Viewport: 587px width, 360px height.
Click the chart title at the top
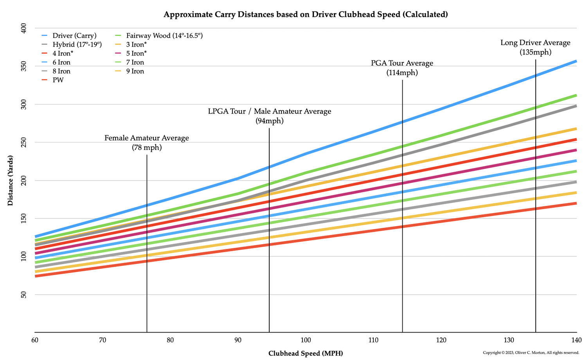pyautogui.click(x=305, y=15)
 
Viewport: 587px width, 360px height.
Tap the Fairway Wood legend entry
pyautogui.click(x=164, y=36)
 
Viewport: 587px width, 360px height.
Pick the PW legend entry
pyautogui.click(x=58, y=80)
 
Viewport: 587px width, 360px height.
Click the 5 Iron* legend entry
pyautogui.click(x=136, y=54)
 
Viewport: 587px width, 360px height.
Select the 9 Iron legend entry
pyautogui.click(x=135, y=71)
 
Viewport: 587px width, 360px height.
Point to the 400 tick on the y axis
pyautogui.click(x=23, y=28)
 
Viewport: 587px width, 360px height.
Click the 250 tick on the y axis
pyautogui.click(x=23, y=142)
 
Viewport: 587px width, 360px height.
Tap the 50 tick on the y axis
pyautogui.click(x=23, y=295)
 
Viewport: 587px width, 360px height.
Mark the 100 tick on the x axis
pyautogui.click(x=306, y=340)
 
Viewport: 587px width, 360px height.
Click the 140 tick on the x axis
pyautogui.click(x=576, y=340)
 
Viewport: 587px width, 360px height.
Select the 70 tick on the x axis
pyautogui.click(x=103, y=340)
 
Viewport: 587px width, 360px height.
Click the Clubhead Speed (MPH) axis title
pyautogui.click(x=305, y=353)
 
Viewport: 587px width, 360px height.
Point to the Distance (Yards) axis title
pyautogui.click(x=11, y=180)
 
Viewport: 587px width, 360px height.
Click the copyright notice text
pyautogui.click(x=531, y=353)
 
